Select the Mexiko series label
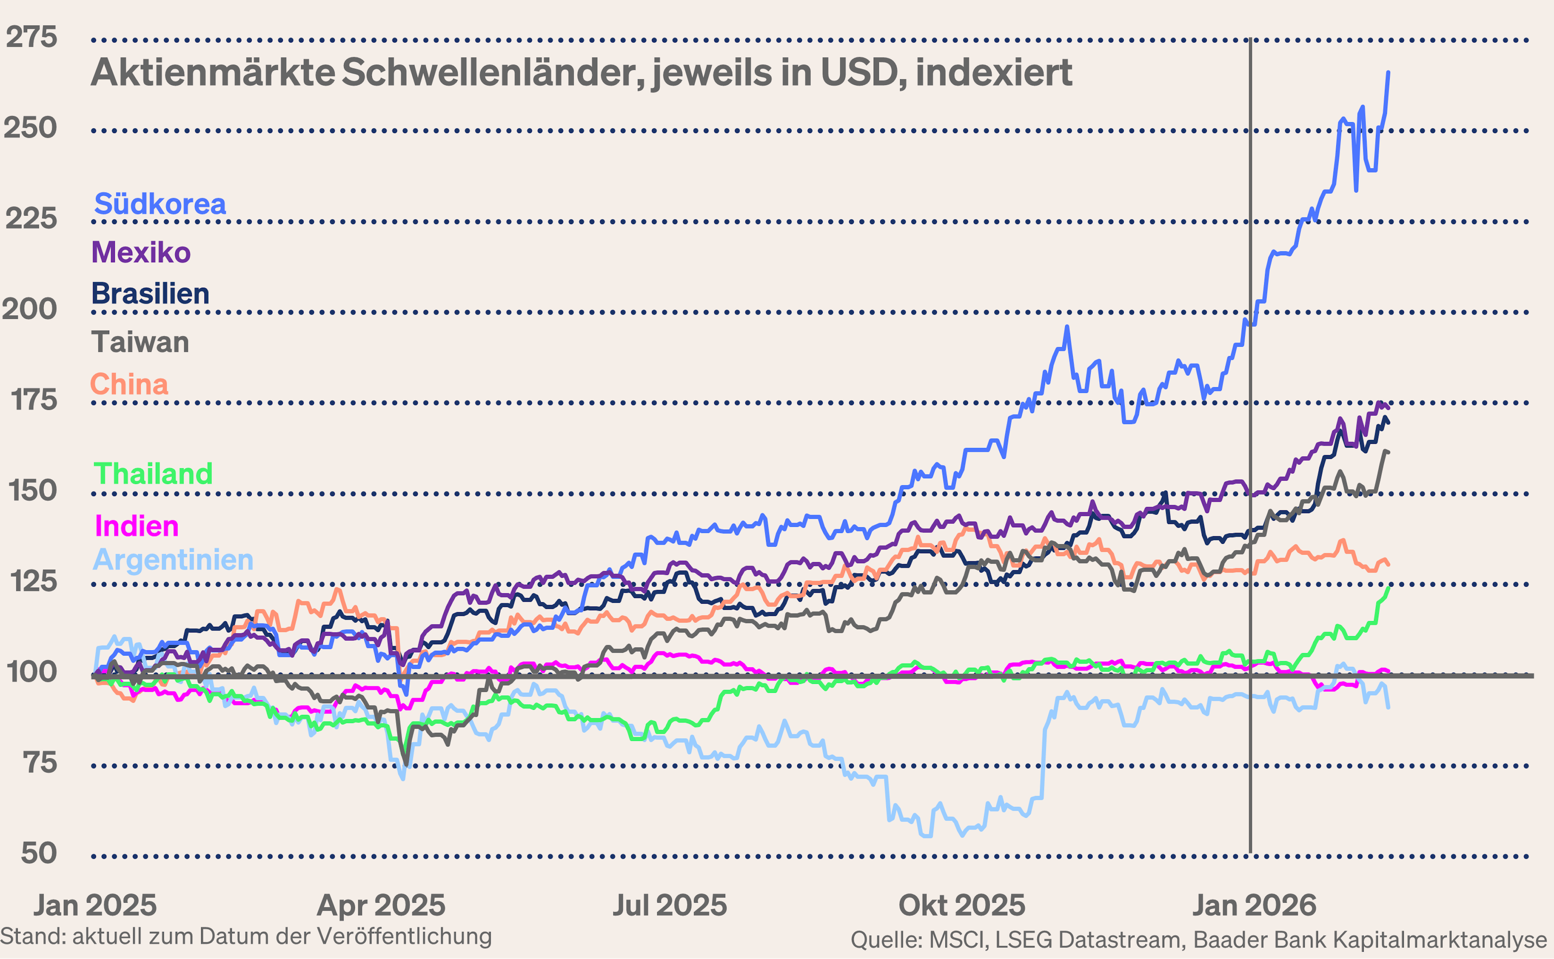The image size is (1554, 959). [141, 252]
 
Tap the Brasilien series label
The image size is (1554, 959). [150, 294]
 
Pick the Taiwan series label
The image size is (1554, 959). [140, 342]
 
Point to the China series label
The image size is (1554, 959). [129, 384]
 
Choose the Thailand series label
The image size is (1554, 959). [153, 474]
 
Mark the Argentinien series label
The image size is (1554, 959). [173, 560]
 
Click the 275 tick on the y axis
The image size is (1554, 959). [31, 37]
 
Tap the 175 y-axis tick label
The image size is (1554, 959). [34, 400]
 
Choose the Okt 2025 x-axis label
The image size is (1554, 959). [962, 906]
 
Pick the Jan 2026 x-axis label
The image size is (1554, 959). [1254, 906]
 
